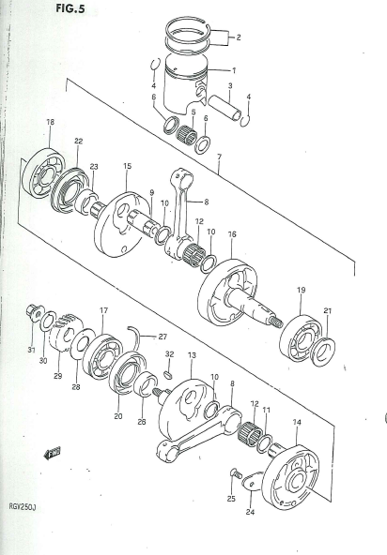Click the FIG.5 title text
[x=70, y=8]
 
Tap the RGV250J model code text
[x=23, y=507]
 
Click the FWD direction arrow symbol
[x=52, y=453]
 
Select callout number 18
[x=51, y=122]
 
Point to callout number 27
[x=163, y=337]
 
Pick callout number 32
[x=170, y=354]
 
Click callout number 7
[x=219, y=157]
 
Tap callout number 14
[x=297, y=422]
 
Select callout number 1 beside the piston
[x=234, y=70]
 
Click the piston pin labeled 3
[x=224, y=108]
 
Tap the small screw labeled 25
[x=235, y=472]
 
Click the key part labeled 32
[x=168, y=374]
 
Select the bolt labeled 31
[x=35, y=312]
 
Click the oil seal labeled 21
[x=322, y=352]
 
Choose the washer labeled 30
[x=48, y=321]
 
